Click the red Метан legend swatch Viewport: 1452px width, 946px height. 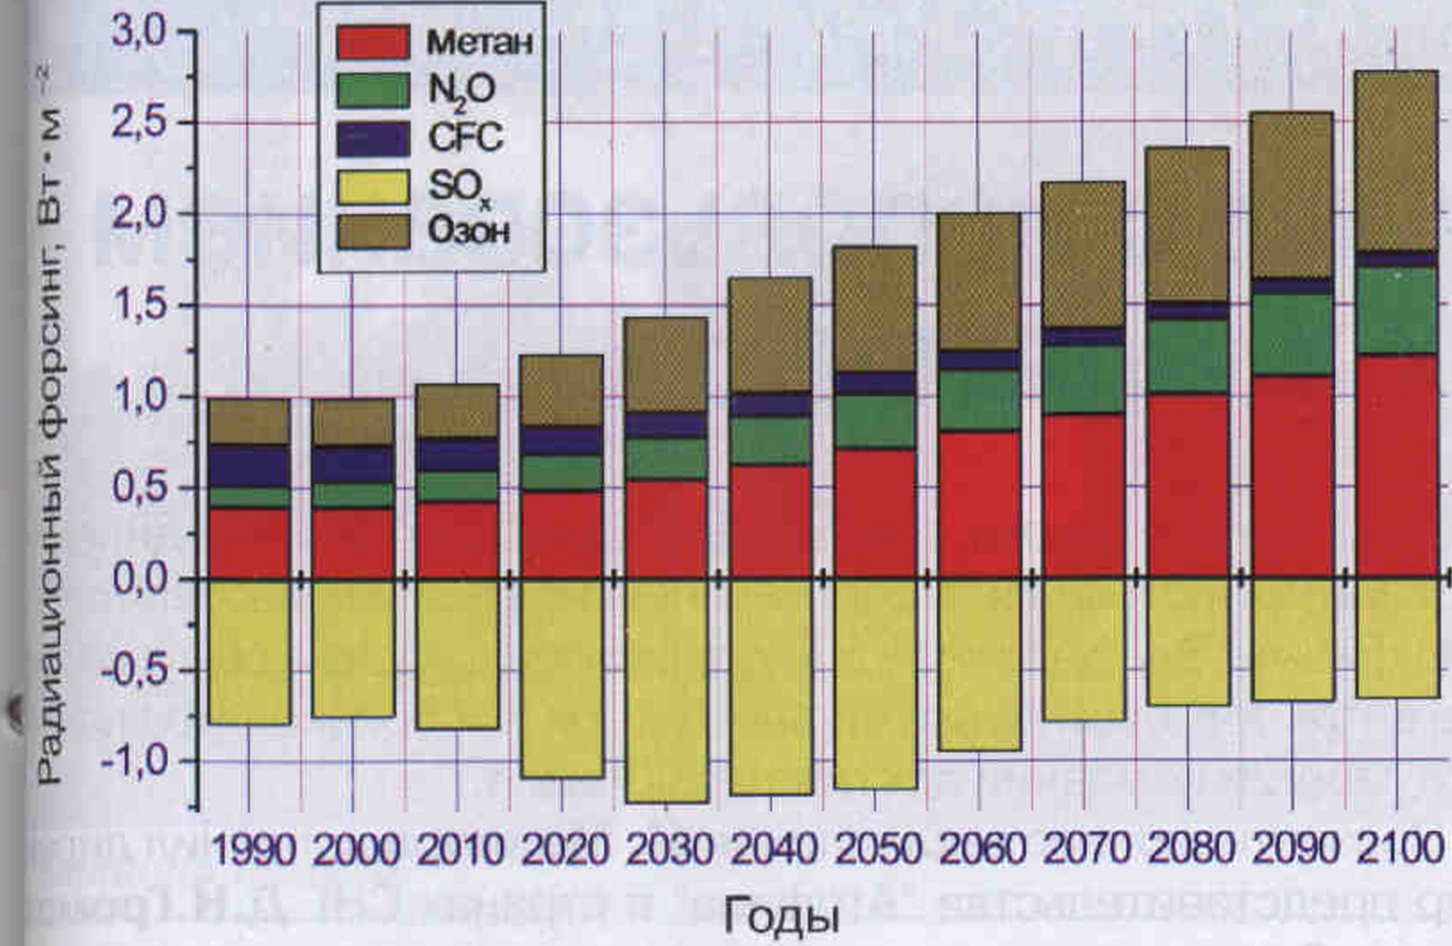tap(373, 42)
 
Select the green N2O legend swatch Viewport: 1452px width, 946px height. tap(373, 89)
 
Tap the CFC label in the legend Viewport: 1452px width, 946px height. tap(465, 137)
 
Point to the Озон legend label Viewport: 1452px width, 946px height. tap(469, 232)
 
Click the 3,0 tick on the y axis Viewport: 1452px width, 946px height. tap(139, 32)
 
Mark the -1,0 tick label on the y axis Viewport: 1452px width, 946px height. tap(134, 762)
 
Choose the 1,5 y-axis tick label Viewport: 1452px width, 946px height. tap(139, 306)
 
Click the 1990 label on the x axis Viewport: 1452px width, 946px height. tap(253, 849)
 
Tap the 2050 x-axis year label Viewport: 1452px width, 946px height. tap(878, 849)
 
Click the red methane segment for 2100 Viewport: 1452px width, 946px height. tap(1397, 465)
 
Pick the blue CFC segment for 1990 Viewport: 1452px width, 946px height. tap(249, 466)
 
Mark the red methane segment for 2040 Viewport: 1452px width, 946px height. tap(771, 520)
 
